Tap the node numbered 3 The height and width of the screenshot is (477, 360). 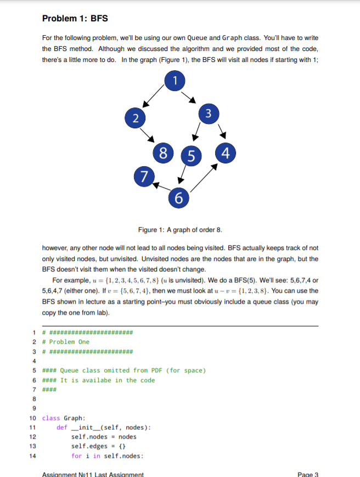[206, 113]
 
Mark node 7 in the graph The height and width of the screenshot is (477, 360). [144, 177]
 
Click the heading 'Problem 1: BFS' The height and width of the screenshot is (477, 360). [75, 19]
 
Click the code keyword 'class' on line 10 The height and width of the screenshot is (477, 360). [51, 418]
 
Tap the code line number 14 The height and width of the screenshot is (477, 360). [32, 456]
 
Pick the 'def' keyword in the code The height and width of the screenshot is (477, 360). [61, 428]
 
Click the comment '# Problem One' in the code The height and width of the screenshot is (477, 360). [66, 342]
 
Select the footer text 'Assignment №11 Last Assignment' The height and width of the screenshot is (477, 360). [93, 474]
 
